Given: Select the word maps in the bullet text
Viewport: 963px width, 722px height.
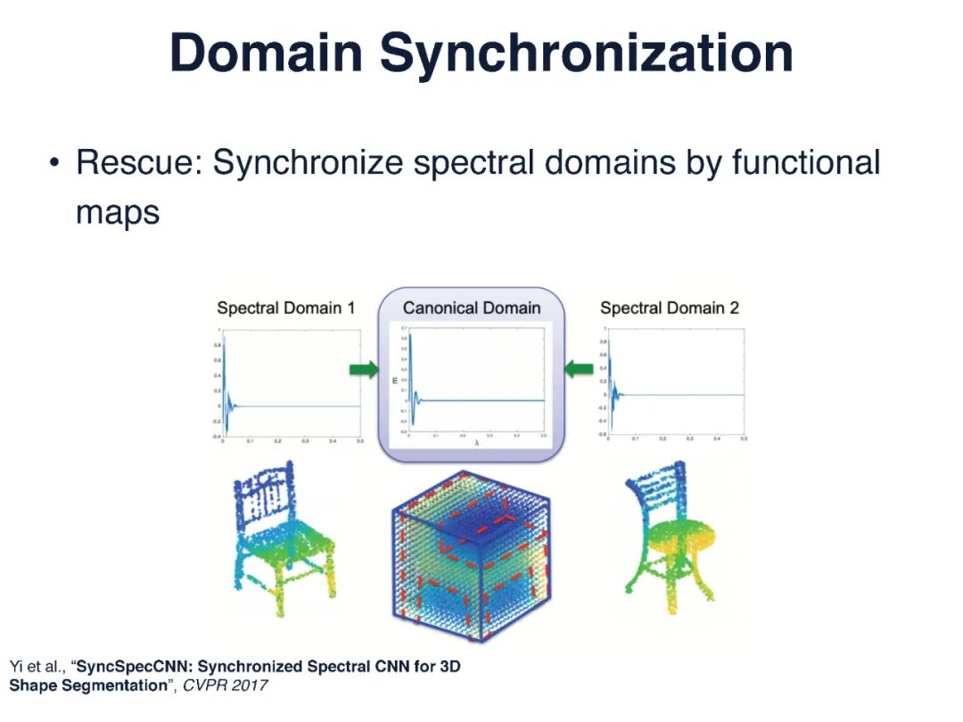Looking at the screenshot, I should [x=118, y=212].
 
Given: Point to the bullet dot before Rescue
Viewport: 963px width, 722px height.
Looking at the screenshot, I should [x=55, y=164].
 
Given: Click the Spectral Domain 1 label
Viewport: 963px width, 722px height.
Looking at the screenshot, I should [x=286, y=308].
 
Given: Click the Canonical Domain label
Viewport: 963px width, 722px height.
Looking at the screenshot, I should [x=472, y=308].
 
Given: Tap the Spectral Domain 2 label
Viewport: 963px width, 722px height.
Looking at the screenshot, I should [x=670, y=308].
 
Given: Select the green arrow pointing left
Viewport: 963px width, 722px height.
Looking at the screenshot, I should [x=580, y=367].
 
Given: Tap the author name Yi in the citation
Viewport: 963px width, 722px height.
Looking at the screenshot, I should [x=15, y=667].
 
